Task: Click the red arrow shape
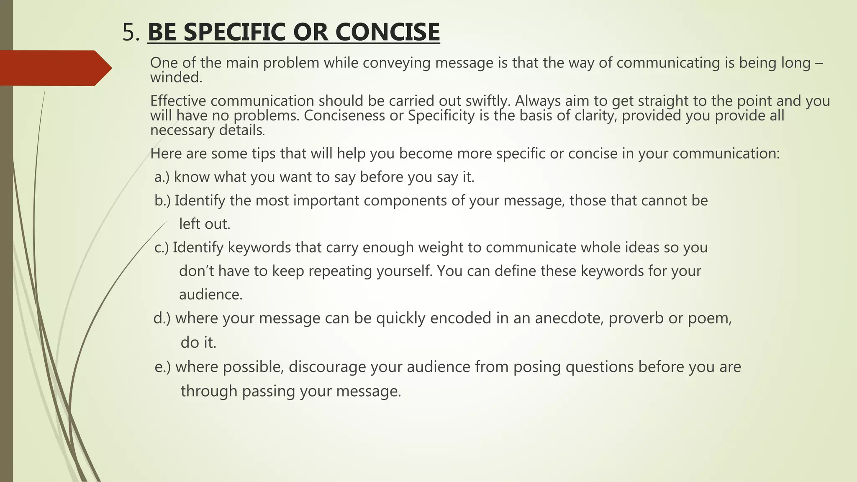click(x=54, y=68)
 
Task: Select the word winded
click(x=176, y=77)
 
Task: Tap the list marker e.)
click(x=162, y=367)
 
